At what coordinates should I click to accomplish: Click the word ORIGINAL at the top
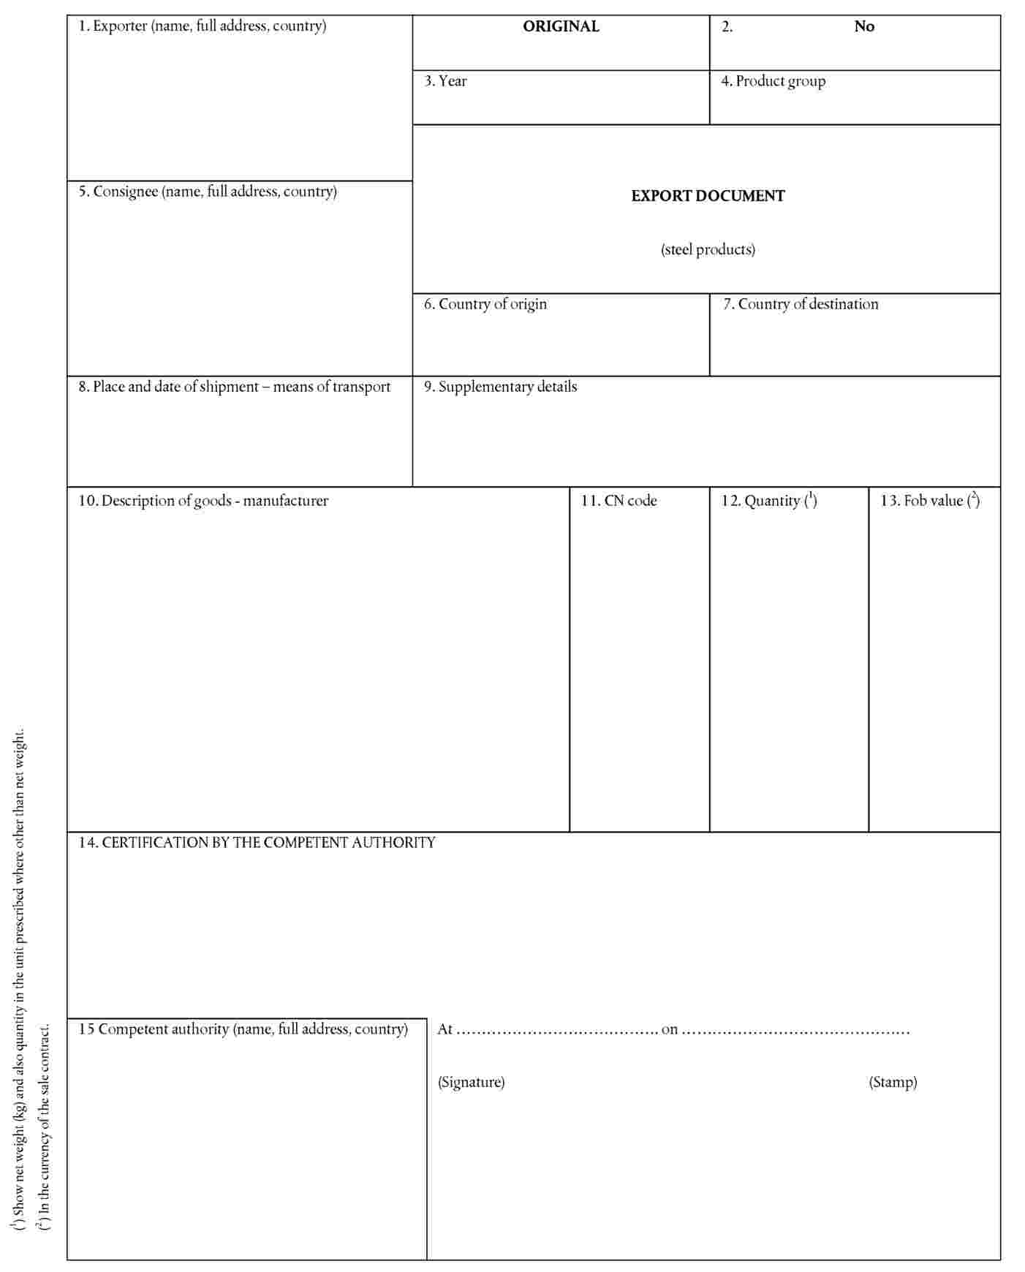click(561, 26)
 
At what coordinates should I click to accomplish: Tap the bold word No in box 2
click(864, 26)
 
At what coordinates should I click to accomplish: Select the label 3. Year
click(445, 81)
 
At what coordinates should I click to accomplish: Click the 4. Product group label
click(774, 81)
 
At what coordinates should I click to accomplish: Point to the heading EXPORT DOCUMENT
click(708, 196)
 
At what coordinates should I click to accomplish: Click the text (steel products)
click(708, 250)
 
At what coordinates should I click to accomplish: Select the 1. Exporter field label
click(203, 26)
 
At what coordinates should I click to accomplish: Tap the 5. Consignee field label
click(208, 192)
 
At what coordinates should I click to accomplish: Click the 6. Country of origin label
click(485, 304)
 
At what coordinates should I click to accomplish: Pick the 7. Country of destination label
click(801, 304)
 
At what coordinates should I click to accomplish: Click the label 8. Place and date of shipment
click(235, 387)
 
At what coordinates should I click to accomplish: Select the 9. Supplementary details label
click(501, 387)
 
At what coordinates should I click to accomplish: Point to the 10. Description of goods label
click(203, 501)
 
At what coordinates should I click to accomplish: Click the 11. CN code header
click(619, 501)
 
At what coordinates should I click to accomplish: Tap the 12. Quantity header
click(769, 501)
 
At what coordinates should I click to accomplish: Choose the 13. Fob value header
click(930, 501)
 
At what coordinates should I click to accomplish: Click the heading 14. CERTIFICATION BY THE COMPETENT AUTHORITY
click(257, 843)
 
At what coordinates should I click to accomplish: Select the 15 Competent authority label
click(243, 1029)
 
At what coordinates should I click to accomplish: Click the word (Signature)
click(471, 1082)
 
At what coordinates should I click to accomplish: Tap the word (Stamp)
click(893, 1082)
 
